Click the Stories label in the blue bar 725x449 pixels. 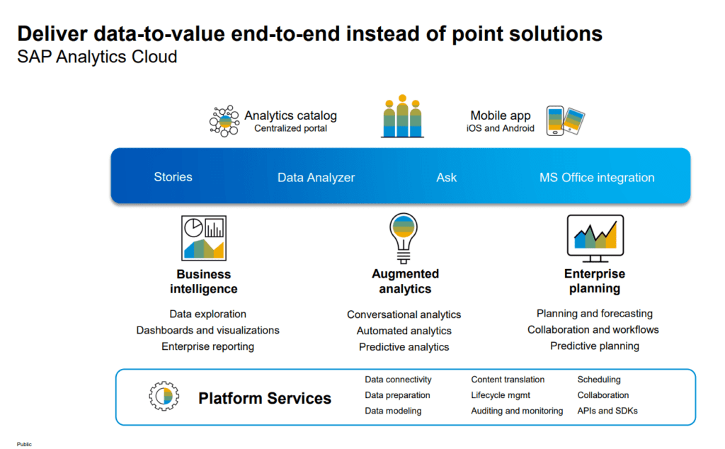(x=173, y=177)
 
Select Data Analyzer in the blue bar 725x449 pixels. (x=316, y=178)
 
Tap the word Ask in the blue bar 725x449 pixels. (x=446, y=178)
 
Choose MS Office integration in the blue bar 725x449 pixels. (x=597, y=178)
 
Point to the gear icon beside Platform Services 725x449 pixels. (x=164, y=397)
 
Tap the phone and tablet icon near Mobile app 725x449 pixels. (x=565, y=121)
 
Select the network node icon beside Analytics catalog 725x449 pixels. (x=224, y=121)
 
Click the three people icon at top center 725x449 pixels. (x=402, y=116)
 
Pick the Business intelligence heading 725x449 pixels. (x=204, y=281)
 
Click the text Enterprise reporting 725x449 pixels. (x=207, y=346)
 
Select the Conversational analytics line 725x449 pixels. (x=404, y=314)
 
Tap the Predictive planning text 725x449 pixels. (x=595, y=346)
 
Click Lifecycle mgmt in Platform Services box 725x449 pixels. (x=501, y=395)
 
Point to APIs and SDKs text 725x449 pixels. (x=607, y=411)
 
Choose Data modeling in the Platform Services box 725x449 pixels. (x=393, y=411)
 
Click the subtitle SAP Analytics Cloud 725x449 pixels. (x=97, y=57)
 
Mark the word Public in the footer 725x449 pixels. (x=24, y=444)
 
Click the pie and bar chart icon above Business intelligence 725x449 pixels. (x=204, y=237)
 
